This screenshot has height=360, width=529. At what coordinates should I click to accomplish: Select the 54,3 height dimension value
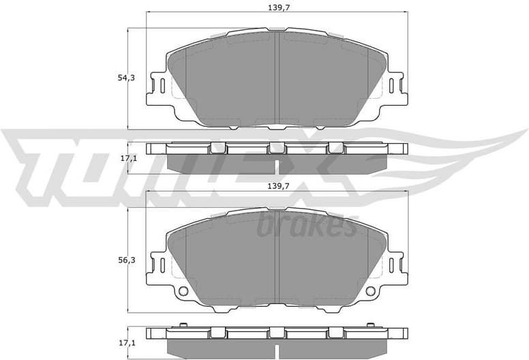(x=126, y=78)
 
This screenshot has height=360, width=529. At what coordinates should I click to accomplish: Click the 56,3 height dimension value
(x=126, y=259)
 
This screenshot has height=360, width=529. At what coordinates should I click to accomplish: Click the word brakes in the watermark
(x=307, y=226)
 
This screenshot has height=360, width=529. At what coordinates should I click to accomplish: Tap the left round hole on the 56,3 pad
(x=183, y=291)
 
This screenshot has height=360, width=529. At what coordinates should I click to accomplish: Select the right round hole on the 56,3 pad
(x=371, y=291)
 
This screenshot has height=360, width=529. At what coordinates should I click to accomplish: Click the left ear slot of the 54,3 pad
(x=162, y=86)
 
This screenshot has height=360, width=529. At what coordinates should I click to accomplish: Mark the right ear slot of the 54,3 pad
(x=393, y=86)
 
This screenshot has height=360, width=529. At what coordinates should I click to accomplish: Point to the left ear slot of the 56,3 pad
(x=162, y=263)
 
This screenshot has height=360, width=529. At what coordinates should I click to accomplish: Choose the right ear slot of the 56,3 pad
(x=393, y=263)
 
